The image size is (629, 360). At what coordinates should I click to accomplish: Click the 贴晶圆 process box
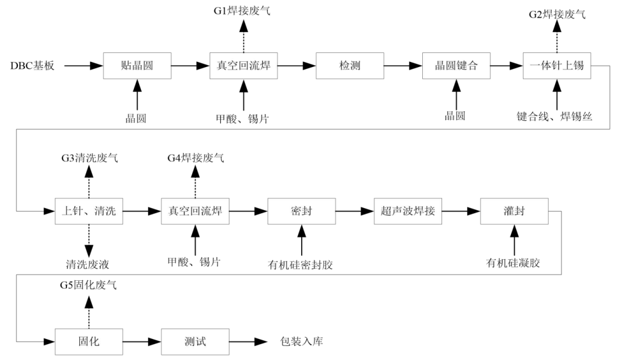coord(137,66)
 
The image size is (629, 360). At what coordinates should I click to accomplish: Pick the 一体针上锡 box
coord(557,66)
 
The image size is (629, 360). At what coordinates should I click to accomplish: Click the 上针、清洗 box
coord(89,211)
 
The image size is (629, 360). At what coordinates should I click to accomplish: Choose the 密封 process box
coord(302,211)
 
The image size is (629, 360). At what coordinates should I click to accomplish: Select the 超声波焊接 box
coord(408,211)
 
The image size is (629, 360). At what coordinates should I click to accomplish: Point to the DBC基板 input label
coord(33,66)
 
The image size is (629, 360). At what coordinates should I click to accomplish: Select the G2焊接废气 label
coord(557,14)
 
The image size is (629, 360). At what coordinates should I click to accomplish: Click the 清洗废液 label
coord(89,263)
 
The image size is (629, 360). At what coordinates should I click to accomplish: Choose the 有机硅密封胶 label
coord(302,264)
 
